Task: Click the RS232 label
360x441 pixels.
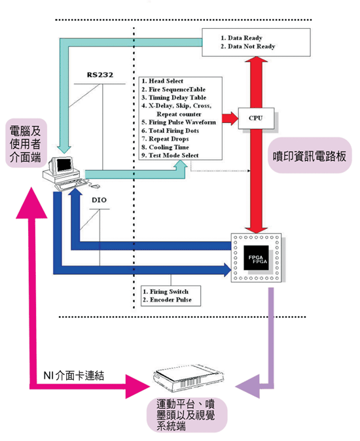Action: click(x=101, y=74)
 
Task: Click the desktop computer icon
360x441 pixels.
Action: click(x=65, y=171)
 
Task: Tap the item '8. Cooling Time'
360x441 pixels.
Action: click(x=168, y=147)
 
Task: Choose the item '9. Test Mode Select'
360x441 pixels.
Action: click(x=174, y=156)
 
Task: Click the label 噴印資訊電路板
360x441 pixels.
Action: click(x=308, y=157)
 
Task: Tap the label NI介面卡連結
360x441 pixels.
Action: click(x=73, y=374)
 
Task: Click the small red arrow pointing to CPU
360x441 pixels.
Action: click(x=230, y=118)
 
